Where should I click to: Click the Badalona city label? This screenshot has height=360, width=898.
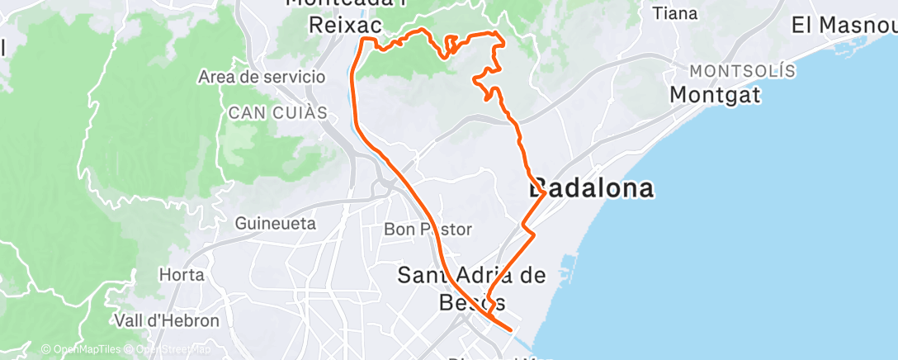[592, 188]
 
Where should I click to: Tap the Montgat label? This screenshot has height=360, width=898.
[715, 94]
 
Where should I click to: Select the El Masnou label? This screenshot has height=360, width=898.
[843, 24]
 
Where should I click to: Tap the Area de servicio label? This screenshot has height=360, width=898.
[262, 77]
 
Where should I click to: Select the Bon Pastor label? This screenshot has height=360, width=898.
[428, 229]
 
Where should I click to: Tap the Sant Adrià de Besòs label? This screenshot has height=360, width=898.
[472, 275]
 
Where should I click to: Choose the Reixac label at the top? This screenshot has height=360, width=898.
[344, 25]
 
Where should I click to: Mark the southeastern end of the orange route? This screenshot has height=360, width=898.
[511, 330]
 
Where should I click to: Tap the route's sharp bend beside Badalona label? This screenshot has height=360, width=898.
[542, 195]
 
